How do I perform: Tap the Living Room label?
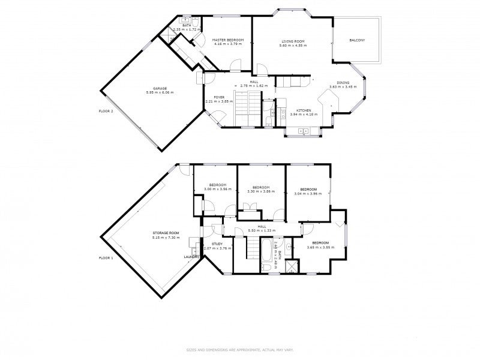point(293,41)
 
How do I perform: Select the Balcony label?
point(358,40)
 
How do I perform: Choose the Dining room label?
point(343,83)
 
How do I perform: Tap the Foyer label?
point(218,97)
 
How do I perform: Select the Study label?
point(217,244)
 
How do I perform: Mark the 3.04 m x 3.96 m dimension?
point(308,193)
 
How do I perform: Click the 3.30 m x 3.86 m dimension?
point(260,191)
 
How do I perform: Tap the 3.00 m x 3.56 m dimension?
point(217,189)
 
